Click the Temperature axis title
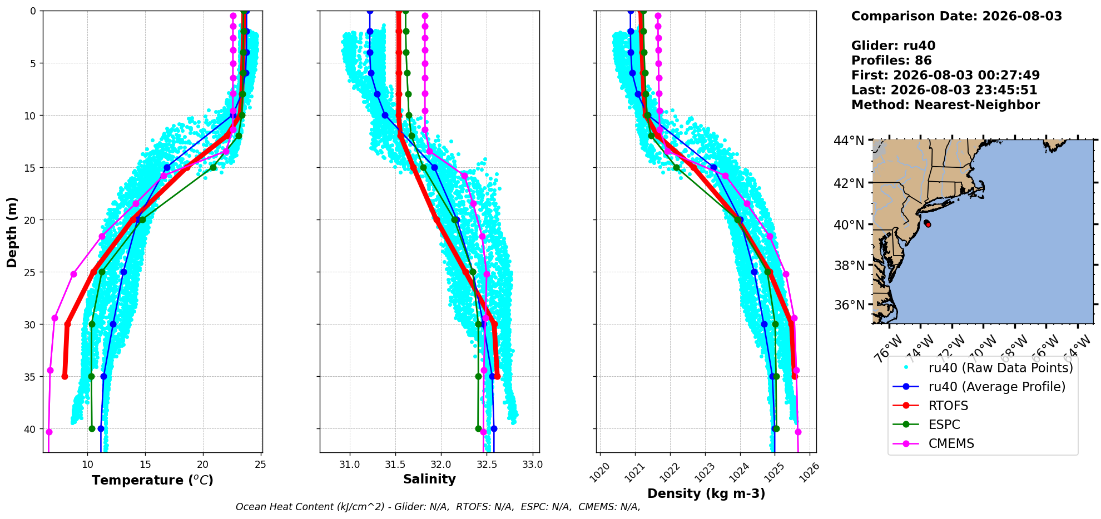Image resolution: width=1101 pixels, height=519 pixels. point(152,480)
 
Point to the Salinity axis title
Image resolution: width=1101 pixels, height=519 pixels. point(429,479)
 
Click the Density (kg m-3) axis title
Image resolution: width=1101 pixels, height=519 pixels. point(706,493)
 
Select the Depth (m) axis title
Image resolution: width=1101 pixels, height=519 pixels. point(12,232)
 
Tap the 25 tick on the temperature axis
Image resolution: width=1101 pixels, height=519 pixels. point(261,465)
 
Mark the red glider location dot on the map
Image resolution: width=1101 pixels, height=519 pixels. point(928,224)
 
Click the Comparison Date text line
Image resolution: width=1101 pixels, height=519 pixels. point(956,16)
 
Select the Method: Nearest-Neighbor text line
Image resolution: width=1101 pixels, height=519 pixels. point(945,104)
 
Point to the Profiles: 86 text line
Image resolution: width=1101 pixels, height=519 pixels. point(891,61)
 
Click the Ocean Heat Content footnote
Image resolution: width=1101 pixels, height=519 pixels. point(438,507)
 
